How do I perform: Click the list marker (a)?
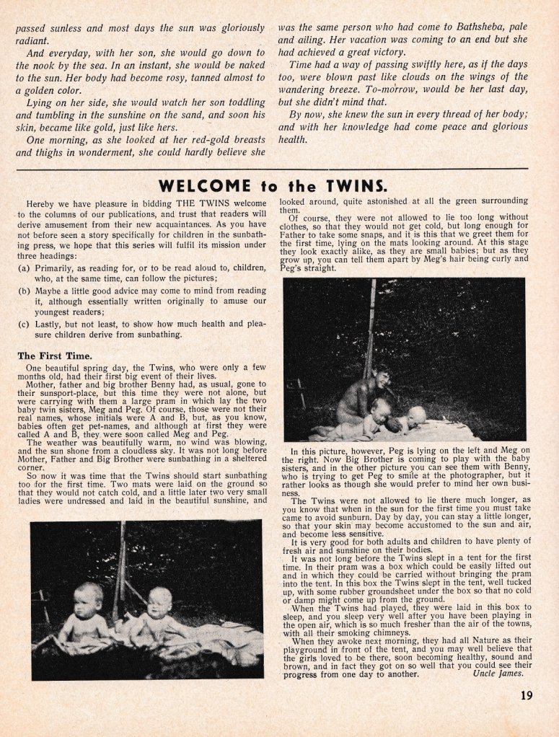(x=24, y=268)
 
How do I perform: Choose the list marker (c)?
(x=24, y=324)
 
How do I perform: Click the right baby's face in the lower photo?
(x=159, y=599)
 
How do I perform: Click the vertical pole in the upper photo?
(x=371, y=325)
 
